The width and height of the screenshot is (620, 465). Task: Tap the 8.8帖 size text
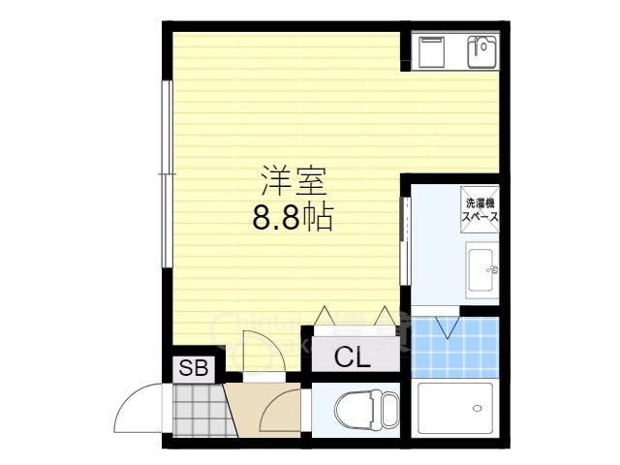coord(292,218)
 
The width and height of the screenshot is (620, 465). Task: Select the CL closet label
coord(352,357)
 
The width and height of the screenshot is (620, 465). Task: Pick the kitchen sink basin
coord(480,50)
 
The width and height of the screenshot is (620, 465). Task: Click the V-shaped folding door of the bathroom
coord(449,325)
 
